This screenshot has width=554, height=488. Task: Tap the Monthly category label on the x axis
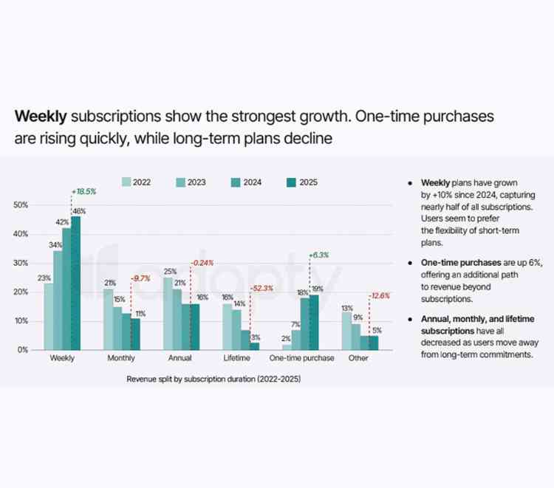point(121,358)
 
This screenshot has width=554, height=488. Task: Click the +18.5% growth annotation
point(83,192)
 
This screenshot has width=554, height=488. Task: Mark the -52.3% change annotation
point(264,288)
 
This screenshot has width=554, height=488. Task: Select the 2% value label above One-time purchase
point(287,337)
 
